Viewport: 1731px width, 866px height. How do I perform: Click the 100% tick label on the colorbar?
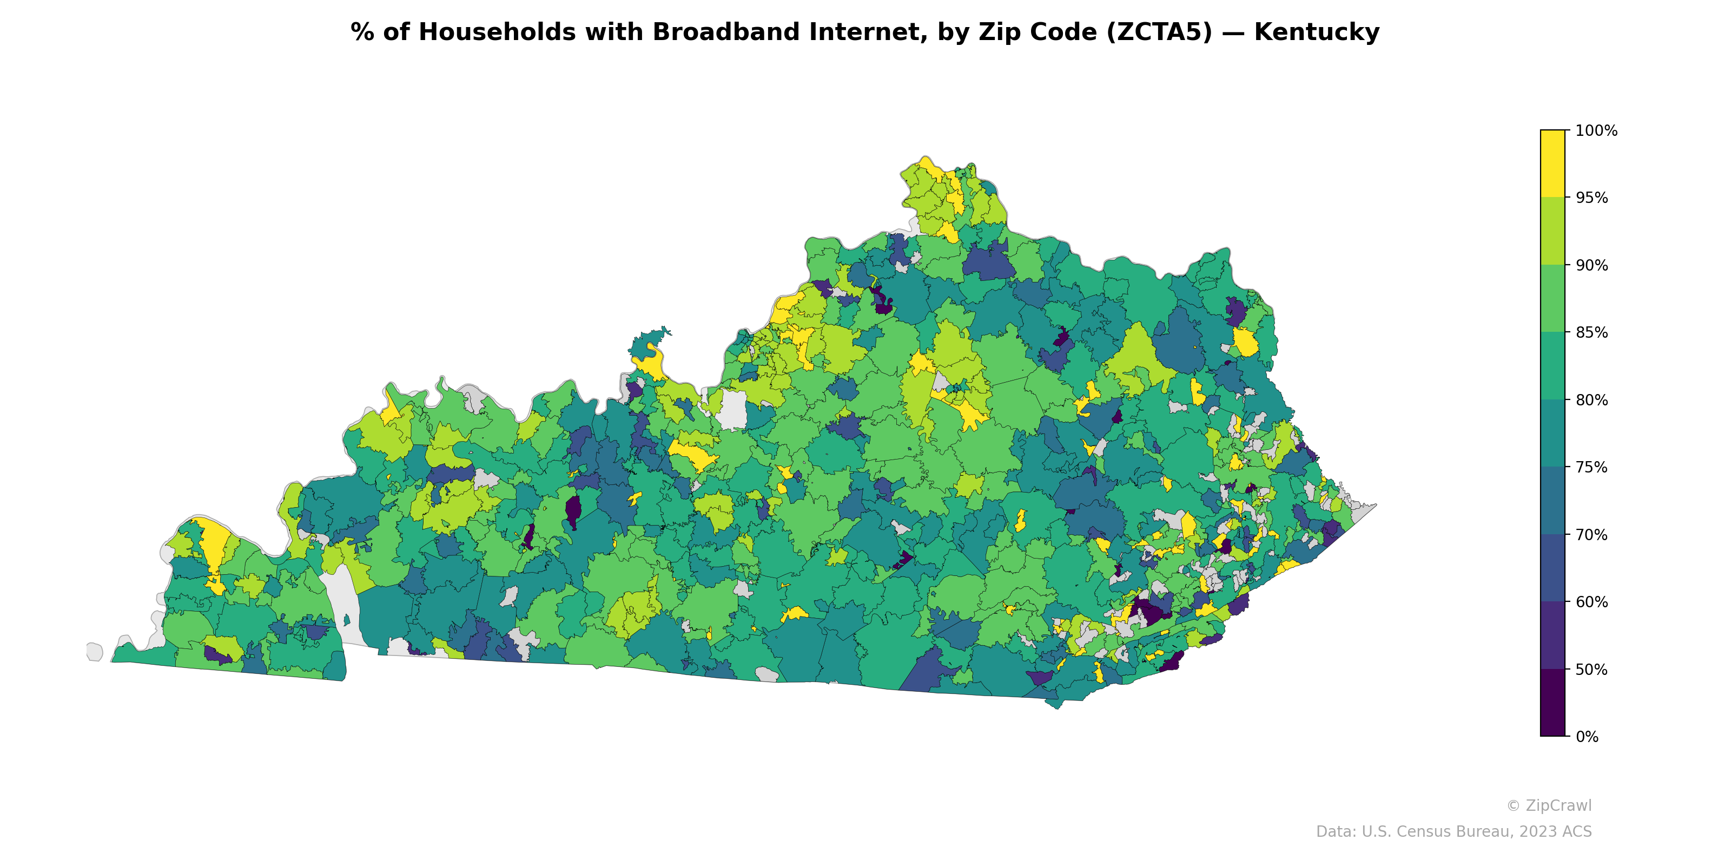click(x=1596, y=130)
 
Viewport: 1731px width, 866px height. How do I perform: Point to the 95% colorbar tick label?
click(x=1591, y=198)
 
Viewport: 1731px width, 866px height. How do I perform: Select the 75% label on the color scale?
click(x=1591, y=467)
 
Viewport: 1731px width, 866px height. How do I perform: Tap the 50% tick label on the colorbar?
click(x=1591, y=670)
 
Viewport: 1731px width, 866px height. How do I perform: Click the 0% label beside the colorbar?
click(x=1587, y=737)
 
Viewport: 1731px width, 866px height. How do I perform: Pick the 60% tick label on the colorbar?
click(x=1591, y=602)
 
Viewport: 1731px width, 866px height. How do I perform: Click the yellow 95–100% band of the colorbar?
click(x=1552, y=163)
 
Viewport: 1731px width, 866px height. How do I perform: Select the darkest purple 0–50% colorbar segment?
click(x=1552, y=703)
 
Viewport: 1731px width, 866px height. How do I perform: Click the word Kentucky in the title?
click(x=1317, y=32)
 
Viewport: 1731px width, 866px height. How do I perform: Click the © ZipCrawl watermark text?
click(x=1548, y=805)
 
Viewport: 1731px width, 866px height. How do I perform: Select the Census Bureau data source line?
click(x=1453, y=832)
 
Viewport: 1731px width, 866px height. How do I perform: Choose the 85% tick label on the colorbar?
click(x=1591, y=332)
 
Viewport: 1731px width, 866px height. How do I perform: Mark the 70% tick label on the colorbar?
click(x=1591, y=535)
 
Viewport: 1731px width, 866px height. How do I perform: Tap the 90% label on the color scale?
click(x=1591, y=265)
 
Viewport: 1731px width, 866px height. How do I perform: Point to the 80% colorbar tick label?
click(x=1591, y=400)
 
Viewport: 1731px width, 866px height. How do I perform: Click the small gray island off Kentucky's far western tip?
click(x=95, y=652)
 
